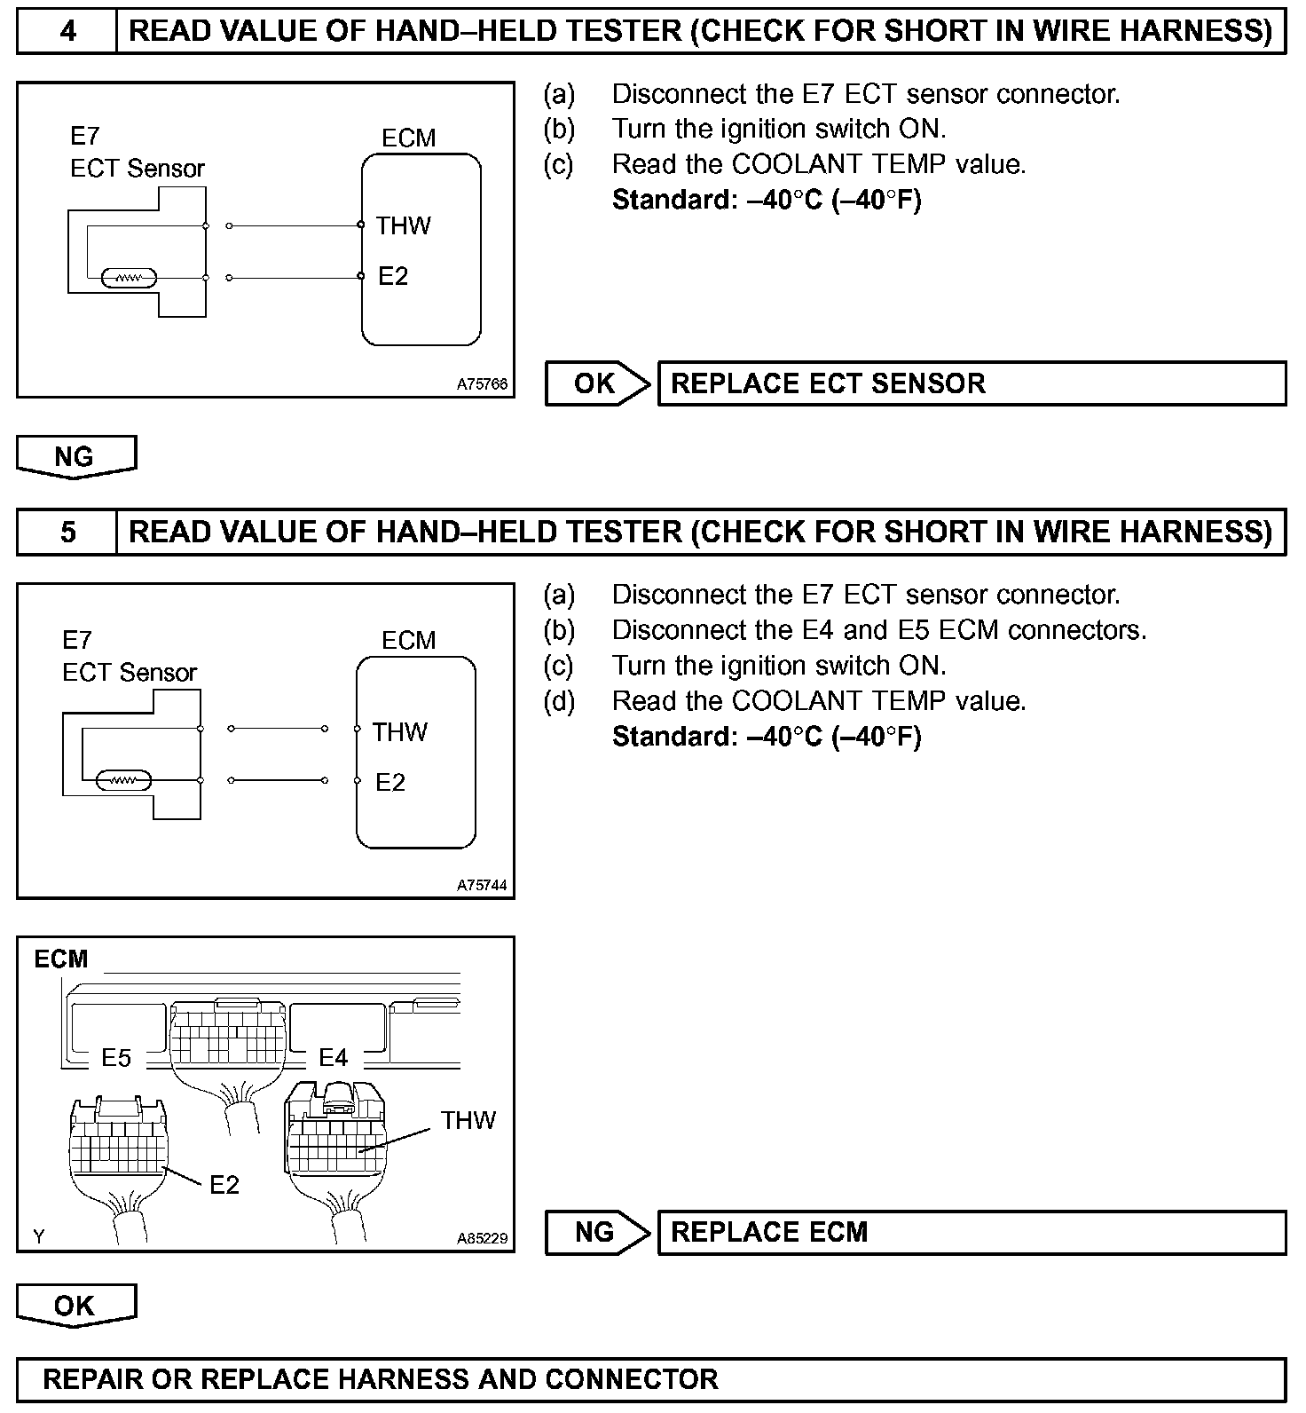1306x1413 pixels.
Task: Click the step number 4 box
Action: [x=67, y=32]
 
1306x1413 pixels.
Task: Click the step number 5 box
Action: [x=67, y=532]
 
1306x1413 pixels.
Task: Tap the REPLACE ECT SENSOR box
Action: [x=971, y=383]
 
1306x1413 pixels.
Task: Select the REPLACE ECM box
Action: [x=971, y=1232]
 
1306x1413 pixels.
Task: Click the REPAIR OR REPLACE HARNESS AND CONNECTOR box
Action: [x=650, y=1379]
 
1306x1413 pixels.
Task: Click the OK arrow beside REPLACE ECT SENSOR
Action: [x=597, y=383]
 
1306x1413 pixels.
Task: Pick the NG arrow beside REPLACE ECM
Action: [x=597, y=1232]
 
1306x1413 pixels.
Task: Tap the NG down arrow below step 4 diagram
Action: [x=76, y=456]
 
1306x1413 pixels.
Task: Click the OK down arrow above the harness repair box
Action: [x=76, y=1305]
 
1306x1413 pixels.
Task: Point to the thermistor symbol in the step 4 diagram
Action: [x=130, y=278]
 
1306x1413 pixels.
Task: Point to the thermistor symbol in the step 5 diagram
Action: [x=124, y=781]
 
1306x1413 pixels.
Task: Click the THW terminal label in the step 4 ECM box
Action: [x=403, y=225]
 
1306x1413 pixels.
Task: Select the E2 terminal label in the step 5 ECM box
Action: [x=390, y=782]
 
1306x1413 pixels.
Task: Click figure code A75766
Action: [x=483, y=384]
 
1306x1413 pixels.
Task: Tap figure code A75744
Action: [x=483, y=885]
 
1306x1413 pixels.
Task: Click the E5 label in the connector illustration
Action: [x=116, y=1058]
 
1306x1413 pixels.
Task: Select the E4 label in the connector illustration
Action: [x=334, y=1058]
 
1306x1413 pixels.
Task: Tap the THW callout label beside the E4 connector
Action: [x=468, y=1120]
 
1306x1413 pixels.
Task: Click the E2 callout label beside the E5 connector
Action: [x=224, y=1185]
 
